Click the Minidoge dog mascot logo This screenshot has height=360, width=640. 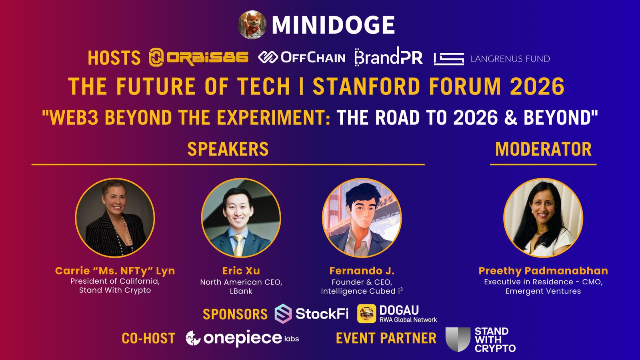tap(252, 24)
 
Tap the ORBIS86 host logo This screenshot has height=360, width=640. tap(198, 58)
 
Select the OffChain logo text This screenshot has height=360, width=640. tap(313, 58)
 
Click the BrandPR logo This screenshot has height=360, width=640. tap(388, 56)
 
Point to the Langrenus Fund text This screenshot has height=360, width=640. tap(510, 59)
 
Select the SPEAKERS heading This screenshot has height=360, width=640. tap(228, 149)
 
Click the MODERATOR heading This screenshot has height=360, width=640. tap(543, 149)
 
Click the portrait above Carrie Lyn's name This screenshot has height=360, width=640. tap(115, 218)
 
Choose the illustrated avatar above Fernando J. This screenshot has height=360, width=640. tap(362, 218)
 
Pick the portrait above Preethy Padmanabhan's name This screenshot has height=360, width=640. tap(543, 218)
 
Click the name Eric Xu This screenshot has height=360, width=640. tap(241, 271)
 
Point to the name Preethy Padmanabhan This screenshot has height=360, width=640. tap(543, 271)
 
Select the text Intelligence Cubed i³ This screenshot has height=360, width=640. tap(362, 291)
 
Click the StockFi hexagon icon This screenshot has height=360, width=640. tap(283, 314)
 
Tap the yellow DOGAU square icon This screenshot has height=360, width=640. tap(366, 314)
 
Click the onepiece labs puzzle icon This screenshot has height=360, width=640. tap(193, 338)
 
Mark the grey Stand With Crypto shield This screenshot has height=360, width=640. tap(458, 340)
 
